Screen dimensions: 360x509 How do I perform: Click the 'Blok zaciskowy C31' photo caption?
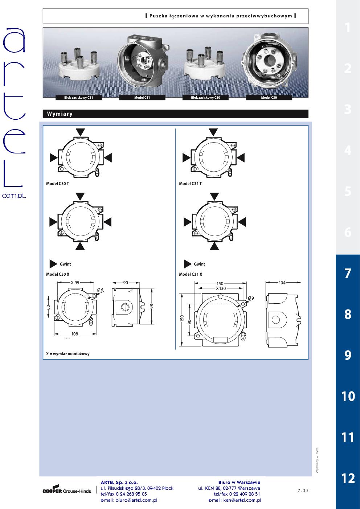(x=78, y=98)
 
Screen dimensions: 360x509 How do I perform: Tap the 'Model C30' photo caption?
(x=269, y=98)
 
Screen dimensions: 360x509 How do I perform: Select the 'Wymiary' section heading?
(x=60, y=114)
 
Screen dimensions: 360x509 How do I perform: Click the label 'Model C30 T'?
(x=57, y=184)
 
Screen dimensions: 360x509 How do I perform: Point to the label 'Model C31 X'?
(x=191, y=274)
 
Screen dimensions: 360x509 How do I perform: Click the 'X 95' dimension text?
(x=75, y=283)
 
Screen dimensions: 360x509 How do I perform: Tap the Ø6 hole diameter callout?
(x=100, y=290)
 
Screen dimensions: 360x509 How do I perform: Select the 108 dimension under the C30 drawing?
(x=75, y=334)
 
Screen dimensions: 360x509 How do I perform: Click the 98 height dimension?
(x=152, y=306)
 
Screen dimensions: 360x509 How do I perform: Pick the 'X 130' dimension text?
(x=221, y=288)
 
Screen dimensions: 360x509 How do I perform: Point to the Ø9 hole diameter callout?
(x=251, y=298)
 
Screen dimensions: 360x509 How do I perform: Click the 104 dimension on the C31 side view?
(x=282, y=283)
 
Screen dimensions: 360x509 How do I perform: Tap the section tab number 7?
(x=348, y=273)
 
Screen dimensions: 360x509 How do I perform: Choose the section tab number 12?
(x=348, y=478)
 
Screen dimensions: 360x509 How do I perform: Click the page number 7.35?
(x=303, y=490)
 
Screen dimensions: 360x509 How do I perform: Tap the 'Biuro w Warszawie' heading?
(x=239, y=482)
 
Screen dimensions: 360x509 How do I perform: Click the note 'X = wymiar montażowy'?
(x=68, y=354)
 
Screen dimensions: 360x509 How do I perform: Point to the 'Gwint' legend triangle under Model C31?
(x=188, y=264)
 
